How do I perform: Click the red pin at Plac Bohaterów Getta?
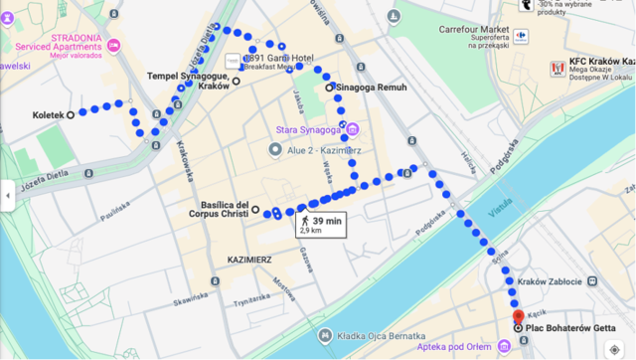click(517, 316)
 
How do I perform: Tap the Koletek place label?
click(47, 114)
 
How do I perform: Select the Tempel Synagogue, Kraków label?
click(188, 81)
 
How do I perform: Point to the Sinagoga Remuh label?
click(370, 88)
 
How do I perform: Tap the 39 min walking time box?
click(320, 225)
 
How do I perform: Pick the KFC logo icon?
click(557, 68)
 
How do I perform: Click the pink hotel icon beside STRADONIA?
click(113, 46)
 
